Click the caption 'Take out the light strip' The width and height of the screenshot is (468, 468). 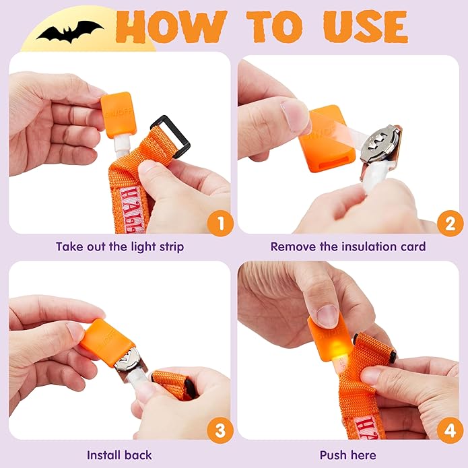click(120, 246)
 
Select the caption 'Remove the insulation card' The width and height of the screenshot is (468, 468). click(348, 246)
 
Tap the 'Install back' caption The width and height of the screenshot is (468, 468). click(120, 455)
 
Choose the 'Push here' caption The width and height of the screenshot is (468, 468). click(348, 455)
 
